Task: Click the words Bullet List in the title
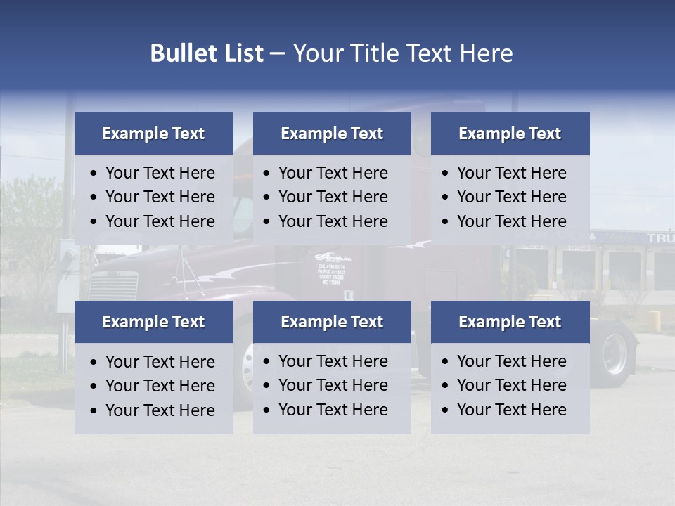pos(207,53)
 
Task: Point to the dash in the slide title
pos(277,54)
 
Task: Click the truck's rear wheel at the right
pos(613,353)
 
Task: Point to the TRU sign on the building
pos(660,238)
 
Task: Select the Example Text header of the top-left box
pos(153,134)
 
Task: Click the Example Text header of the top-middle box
pos(332,134)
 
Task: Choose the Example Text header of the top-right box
pos(510,134)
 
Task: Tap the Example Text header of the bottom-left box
pos(153,322)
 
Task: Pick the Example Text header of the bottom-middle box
pos(332,322)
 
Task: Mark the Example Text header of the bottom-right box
pos(510,322)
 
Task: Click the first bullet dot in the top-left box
pos(94,174)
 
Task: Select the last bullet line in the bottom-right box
pos(511,410)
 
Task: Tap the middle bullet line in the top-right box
pos(511,197)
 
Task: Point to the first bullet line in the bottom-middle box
pos(333,361)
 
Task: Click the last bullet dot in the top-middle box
pos(267,222)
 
